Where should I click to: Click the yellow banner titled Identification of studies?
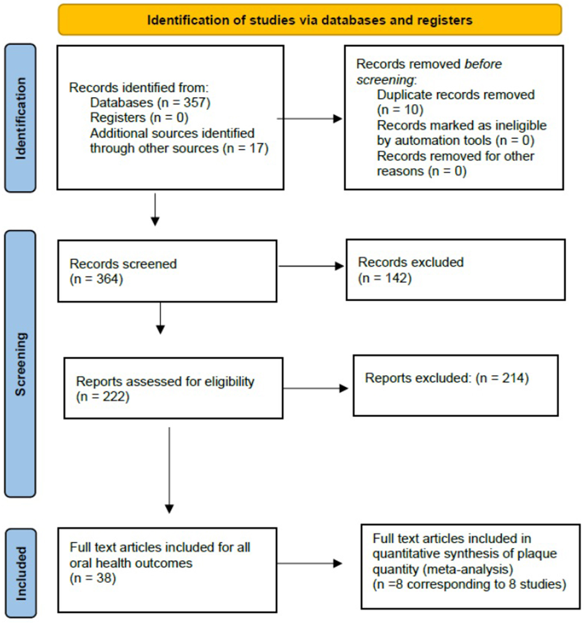pos(309,20)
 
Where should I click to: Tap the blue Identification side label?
pos(20,118)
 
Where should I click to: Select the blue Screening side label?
pos(20,364)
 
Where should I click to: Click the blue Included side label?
pos(21,573)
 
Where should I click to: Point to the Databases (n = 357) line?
pos(150,103)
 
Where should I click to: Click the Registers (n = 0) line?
pos(139,118)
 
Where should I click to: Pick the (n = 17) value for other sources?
pos(246,148)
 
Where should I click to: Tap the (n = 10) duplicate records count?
pos(400,110)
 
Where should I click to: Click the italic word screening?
pos(385,80)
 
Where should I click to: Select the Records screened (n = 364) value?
pos(96,279)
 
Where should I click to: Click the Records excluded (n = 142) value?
pos(385,278)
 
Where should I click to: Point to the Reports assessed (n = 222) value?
pos(102,397)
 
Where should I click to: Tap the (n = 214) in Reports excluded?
pos(502,378)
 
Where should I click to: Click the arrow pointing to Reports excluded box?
pos(315,389)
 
